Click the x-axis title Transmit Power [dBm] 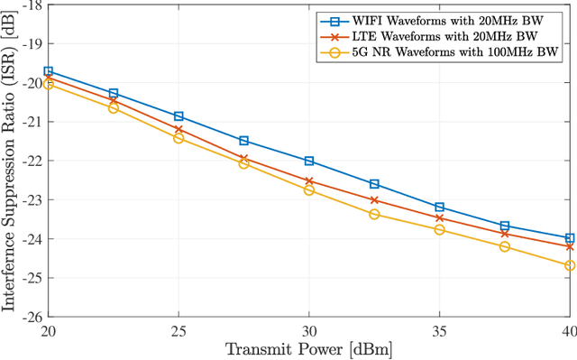click(x=309, y=348)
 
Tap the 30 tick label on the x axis click(x=309, y=330)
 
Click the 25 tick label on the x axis click(x=179, y=330)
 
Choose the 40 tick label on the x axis click(x=567, y=330)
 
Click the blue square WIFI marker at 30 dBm click(x=309, y=161)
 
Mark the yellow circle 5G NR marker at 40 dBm click(x=570, y=265)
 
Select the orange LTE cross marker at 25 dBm click(x=179, y=130)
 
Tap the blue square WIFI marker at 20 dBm click(x=49, y=70)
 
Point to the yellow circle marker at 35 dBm click(x=439, y=229)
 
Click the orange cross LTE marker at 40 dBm click(x=570, y=246)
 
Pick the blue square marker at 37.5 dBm click(x=505, y=226)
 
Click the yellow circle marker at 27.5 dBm click(x=243, y=163)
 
